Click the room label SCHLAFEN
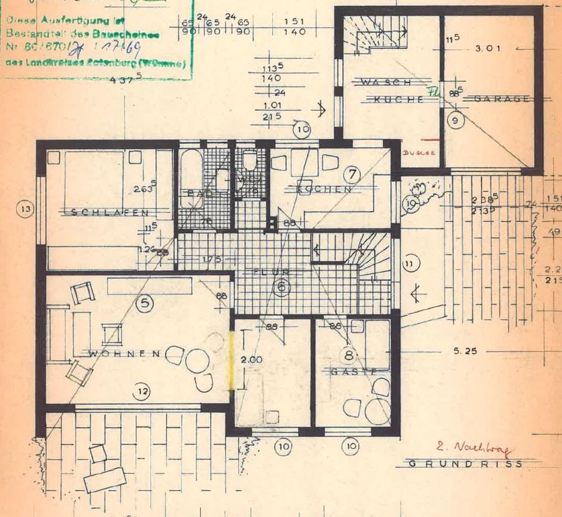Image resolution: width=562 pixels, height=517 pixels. (x=109, y=212)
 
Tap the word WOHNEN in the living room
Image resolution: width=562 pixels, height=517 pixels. (x=124, y=353)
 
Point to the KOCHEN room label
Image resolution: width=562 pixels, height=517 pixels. (x=324, y=189)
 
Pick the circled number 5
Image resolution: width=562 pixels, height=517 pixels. (x=143, y=303)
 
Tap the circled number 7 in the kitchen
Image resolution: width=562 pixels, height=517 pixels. (x=351, y=174)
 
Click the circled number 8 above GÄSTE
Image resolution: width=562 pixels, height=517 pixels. (x=349, y=354)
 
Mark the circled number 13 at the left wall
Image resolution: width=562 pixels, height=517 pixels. (x=24, y=210)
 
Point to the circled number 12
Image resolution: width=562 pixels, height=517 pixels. (x=141, y=392)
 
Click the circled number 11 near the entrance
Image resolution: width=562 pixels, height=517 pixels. (x=410, y=265)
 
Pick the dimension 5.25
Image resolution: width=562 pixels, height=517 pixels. (x=464, y=352)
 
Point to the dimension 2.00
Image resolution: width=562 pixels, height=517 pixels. (x=252, y=360)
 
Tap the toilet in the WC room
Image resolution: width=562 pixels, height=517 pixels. (x=250, y=160)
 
